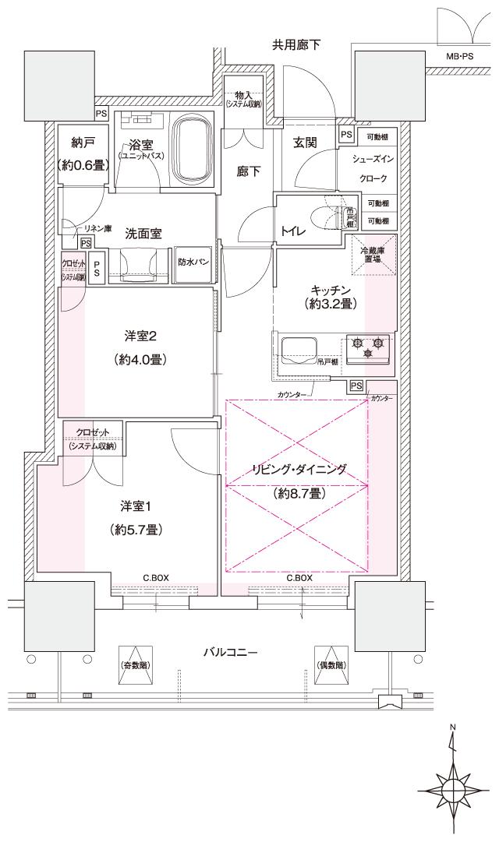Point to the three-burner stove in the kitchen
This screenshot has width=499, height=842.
(368, 347)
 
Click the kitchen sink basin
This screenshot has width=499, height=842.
(297, 347)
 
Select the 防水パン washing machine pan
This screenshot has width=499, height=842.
(192, 262)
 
